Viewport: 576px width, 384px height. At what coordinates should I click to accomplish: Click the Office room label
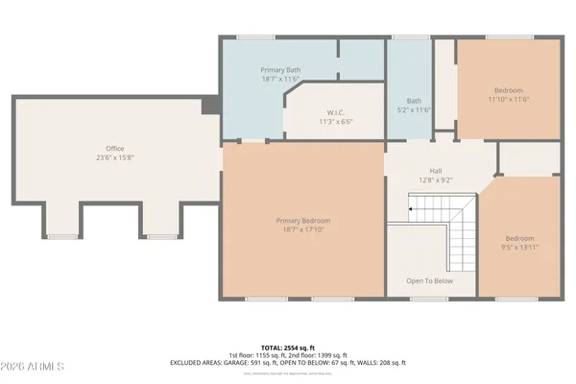pos(115,149)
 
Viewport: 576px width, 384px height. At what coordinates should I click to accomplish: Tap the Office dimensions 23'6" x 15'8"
pos(115,157)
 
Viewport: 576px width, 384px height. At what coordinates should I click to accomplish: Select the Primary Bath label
pos(280,71)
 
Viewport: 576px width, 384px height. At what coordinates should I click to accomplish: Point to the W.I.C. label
pos(336,113)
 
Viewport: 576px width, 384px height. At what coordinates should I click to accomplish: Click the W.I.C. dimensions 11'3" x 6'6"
pos(336,122)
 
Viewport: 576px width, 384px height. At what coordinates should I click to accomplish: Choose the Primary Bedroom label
pos(302,221)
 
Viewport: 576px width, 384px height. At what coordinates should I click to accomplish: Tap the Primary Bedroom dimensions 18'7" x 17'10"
pos(302,229)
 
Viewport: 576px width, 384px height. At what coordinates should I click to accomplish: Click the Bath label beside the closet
pos(414,101)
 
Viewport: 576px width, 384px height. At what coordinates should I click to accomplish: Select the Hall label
pos(435,170)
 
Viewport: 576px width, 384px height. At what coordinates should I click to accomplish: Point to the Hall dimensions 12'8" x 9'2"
pos(435,179)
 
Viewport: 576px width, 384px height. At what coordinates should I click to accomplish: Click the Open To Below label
pos(429,281)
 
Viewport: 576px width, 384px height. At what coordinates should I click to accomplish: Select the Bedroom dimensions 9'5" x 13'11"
pos(521,246)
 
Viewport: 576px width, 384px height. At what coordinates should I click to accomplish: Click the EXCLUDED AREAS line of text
pos(288,362)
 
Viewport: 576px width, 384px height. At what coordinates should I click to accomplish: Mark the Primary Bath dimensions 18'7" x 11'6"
pos(280,80)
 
